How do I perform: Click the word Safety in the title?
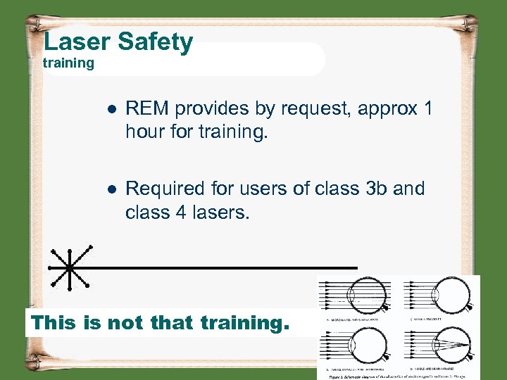pos(155,42)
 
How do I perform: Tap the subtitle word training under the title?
pos(68,63)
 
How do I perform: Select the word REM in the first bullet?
pos(147,108)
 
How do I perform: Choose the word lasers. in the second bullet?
pos(220,212)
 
